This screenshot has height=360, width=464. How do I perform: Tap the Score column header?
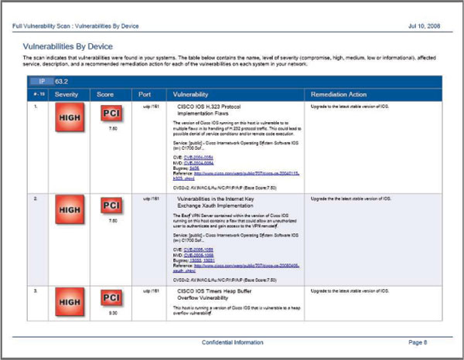(x=107, y=93)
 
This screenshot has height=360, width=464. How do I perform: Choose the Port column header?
(x=145, y=93)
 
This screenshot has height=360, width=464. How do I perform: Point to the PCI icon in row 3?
(x=111, y=301)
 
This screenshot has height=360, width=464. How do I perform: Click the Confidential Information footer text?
(x=231, y=341)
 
